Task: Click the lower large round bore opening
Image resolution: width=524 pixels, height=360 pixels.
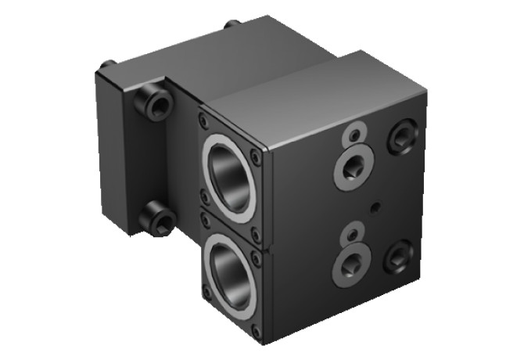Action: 231,273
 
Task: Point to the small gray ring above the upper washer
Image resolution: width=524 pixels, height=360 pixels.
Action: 355,134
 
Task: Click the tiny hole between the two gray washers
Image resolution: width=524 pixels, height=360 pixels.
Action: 377,207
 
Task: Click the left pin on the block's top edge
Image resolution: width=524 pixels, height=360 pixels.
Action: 109,62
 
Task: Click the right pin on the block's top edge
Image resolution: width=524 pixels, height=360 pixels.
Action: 231,24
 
